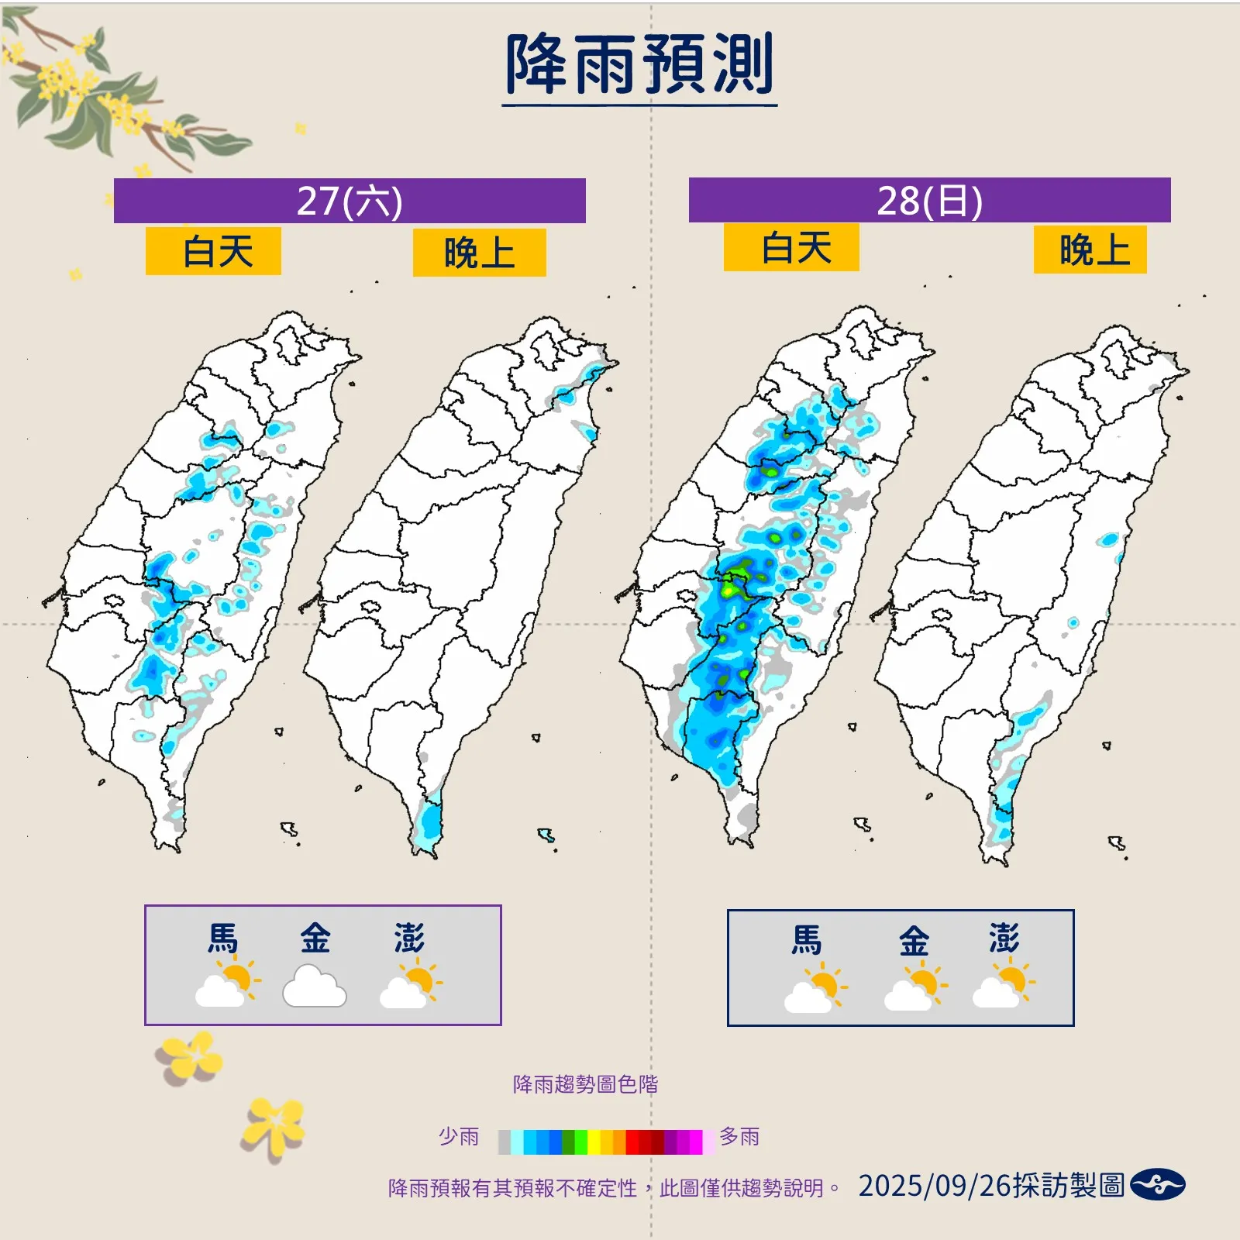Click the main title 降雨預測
(639, 66)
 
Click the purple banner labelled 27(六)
(350, 201)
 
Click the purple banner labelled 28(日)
(929, 201)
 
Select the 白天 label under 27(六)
(213, 252)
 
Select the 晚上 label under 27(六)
(479, 253)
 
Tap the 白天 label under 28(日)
(791, 248)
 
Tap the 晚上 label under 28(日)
(1090, 250)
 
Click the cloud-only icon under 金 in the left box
(314, 987)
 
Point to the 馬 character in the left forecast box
(222, 939)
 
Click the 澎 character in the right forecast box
(1004, 939)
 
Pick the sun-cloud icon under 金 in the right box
(915, 987)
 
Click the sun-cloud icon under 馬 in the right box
(815, 989)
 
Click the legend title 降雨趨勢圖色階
(585, 1084)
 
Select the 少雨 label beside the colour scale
(459, 1137)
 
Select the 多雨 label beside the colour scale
(739, 1137)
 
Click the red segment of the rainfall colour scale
(639, 1142)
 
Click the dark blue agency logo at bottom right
(1157, 1185)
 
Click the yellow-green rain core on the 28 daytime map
(729, 589)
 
